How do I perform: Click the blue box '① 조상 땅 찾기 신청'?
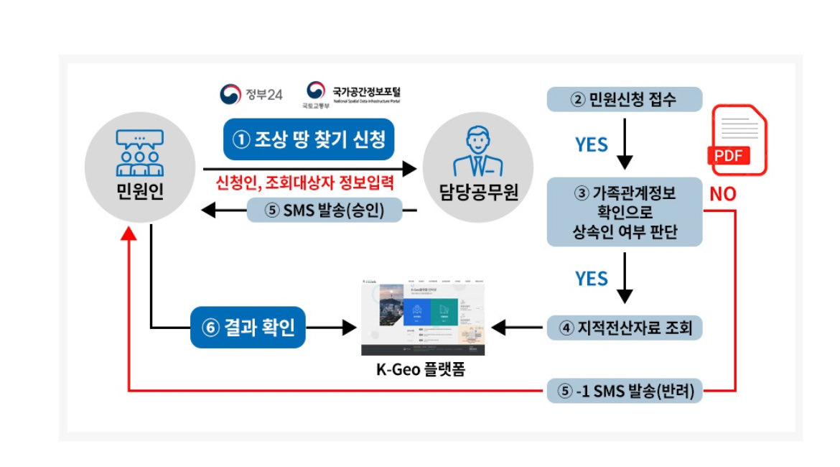click(309, 139)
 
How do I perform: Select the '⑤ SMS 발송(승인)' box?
click(324, 210)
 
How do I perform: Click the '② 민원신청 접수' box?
click(623, 99)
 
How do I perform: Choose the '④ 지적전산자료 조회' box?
click(624, 328)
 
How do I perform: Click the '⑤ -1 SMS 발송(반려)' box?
click(624, 392)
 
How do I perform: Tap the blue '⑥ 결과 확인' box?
click(248, 328)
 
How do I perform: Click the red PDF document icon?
click(737, 140)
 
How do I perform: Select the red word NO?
click(722, 194)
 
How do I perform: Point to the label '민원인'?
click(140, 193)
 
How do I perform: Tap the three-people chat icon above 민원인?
click(140, 152)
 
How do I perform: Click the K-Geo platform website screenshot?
click(423, 314)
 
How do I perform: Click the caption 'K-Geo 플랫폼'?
click(423, 371)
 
